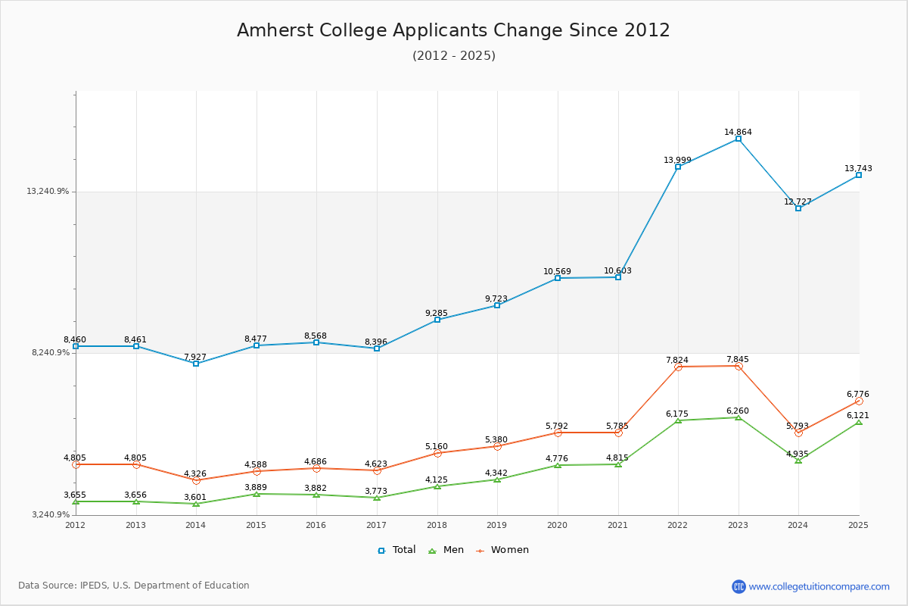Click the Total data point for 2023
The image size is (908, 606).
coord(739,139)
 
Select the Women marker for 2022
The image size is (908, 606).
coord(678,367)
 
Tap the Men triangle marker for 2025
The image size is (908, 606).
coord(859,422)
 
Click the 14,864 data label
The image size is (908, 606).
coord(738,132)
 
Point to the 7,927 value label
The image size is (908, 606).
coord(195,357)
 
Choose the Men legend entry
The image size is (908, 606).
coord(446,550)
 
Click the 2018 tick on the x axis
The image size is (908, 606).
coord(437,524)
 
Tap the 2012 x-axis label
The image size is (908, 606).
coord(76,524)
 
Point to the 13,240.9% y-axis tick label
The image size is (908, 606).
coord(48,192)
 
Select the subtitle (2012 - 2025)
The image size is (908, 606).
coord(454,56)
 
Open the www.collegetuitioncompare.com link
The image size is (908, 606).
coord(819,586)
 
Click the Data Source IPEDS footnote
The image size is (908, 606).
coord(134,586)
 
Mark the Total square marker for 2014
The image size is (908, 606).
coord(196,364)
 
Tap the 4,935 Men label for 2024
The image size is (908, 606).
coord(798,454)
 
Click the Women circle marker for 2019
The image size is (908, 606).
coord(497,446)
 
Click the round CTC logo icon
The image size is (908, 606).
coord(739,586)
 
